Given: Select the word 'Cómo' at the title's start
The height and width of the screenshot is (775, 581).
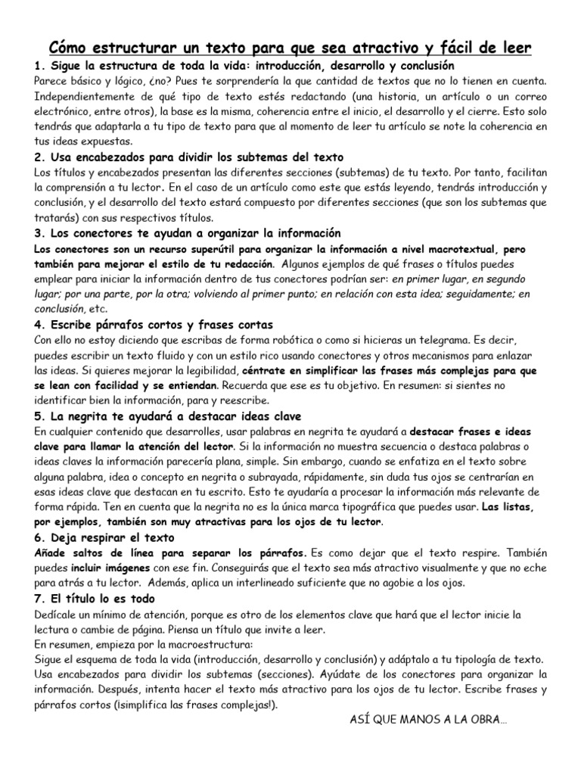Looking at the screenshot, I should [70, 48].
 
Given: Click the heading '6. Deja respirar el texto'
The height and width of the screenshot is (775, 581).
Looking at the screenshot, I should [104, 538].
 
